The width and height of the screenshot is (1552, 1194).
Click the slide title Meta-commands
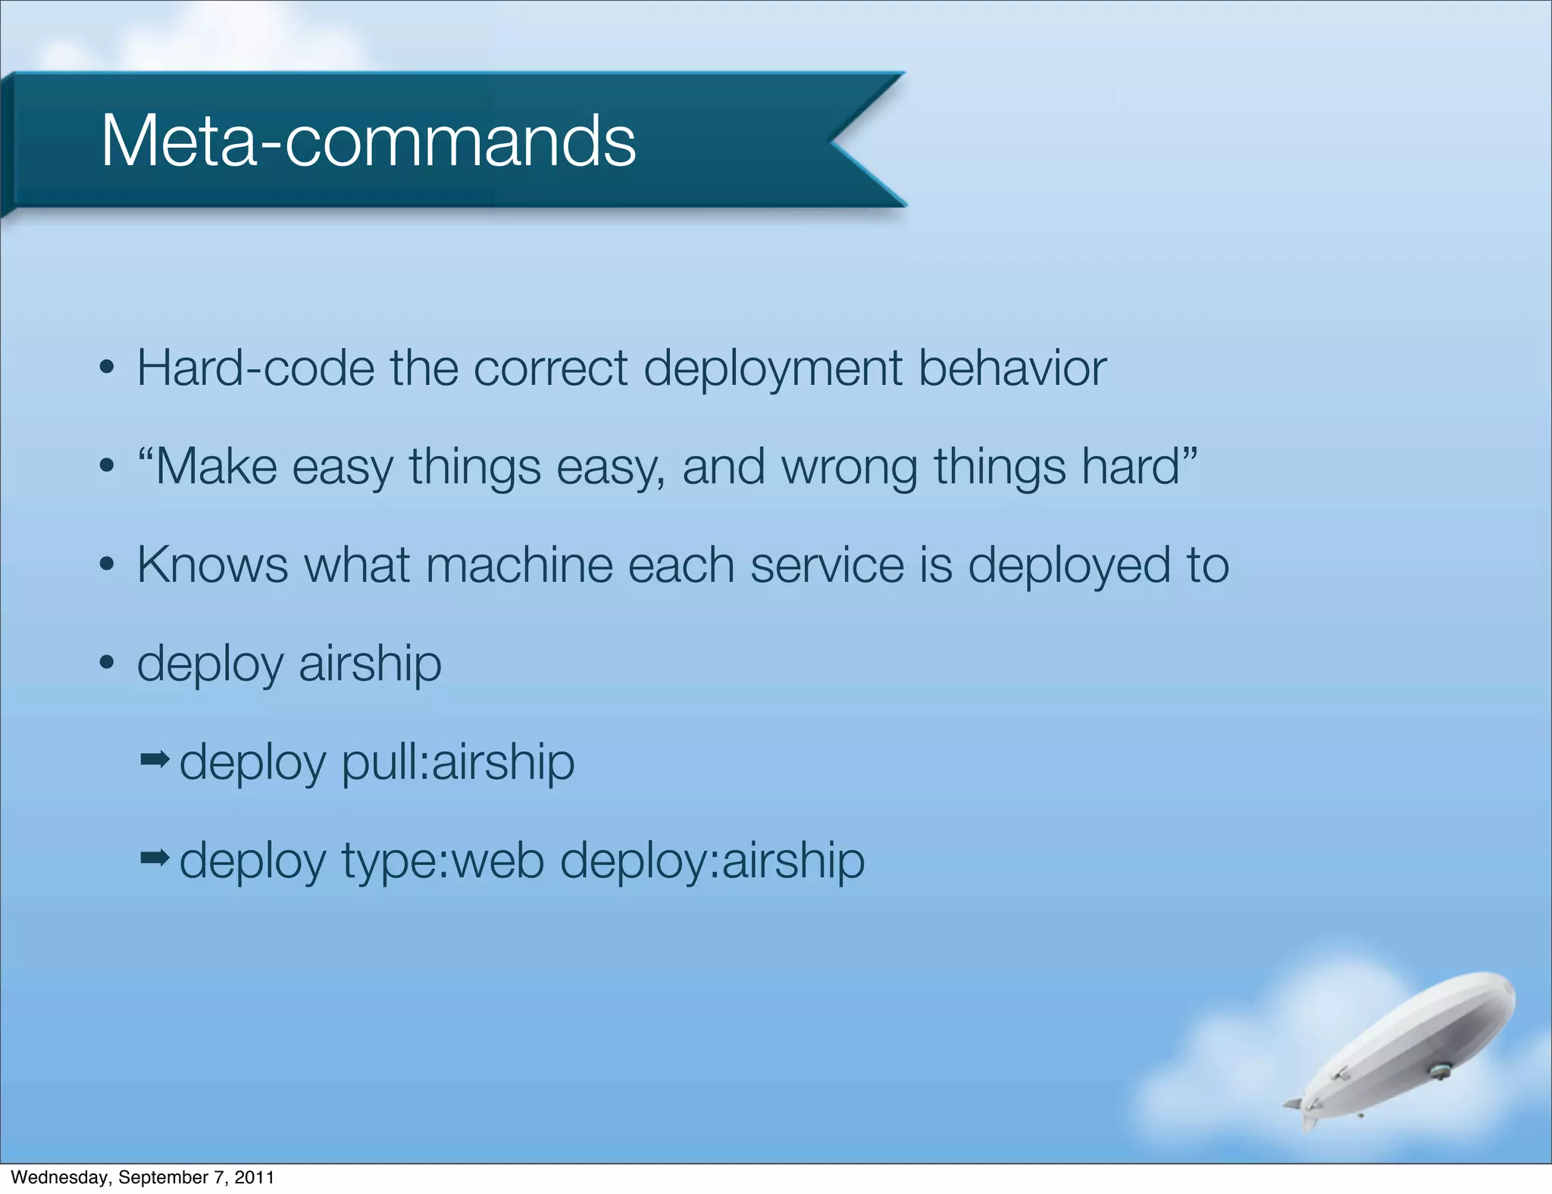click(x=368, y=141)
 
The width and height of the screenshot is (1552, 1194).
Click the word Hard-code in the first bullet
click(x=255, y=369)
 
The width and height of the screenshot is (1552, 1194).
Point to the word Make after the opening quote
click(x=216, y=467)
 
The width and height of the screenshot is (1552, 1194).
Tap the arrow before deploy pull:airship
click(x=155, y=758)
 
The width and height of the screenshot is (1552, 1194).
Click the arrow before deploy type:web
click(x=155, y=858)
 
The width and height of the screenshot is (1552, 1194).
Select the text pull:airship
click(x=458, y=763)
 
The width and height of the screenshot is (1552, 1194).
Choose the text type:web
click(x=443, y=862)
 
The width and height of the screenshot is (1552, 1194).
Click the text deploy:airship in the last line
click(x=712, y=862)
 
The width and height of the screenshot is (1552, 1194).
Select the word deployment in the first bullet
click(x=773, y=369)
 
